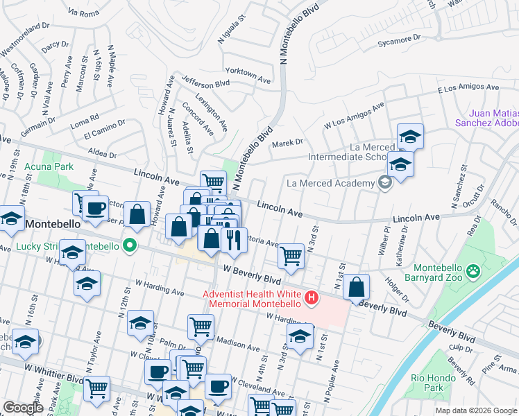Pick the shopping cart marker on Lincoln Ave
213,182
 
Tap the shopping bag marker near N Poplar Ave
356,287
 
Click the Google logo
24,408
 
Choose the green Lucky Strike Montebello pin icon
129,245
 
